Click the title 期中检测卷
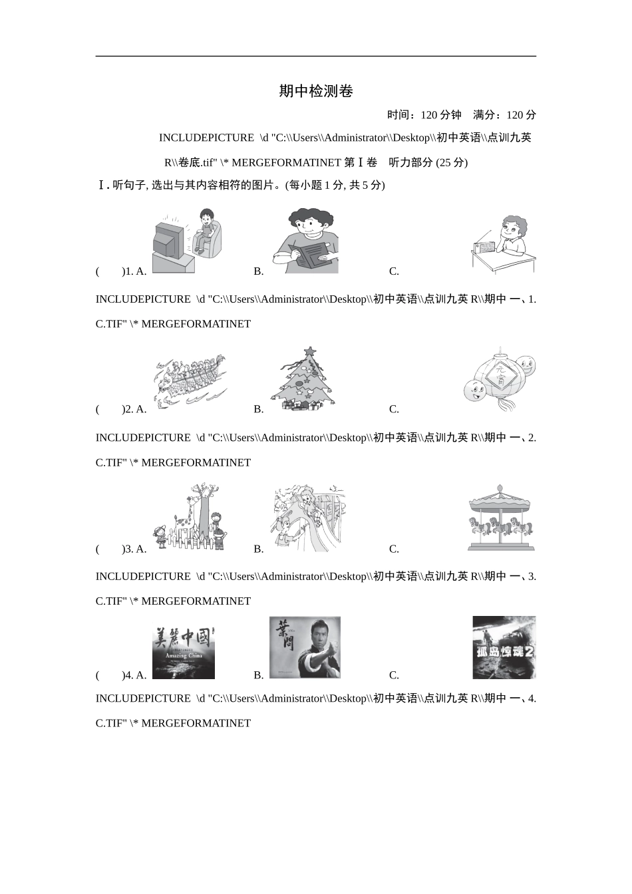315,91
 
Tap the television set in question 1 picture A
169,241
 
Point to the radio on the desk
484,247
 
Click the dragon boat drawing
190,381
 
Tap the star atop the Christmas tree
309,351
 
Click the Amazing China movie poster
184,653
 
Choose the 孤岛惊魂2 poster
504,647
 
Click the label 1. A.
136,271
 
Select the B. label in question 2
259,410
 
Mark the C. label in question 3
394,549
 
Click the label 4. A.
136,675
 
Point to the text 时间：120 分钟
424,115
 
